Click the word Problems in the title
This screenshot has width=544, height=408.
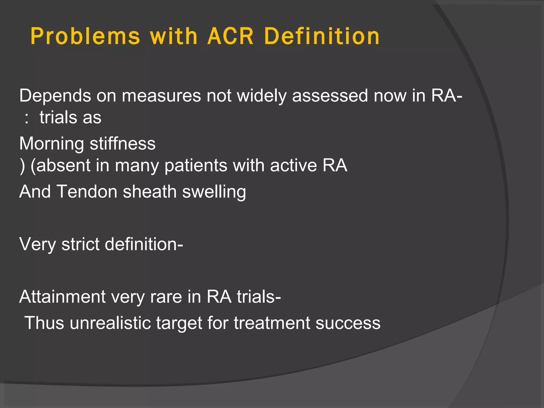pos(85,36)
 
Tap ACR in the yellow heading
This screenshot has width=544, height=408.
pos(231,36)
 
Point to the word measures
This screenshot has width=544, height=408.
pos(161,96)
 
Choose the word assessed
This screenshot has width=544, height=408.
pos(330,96)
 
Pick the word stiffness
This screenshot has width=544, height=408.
pos(122,144)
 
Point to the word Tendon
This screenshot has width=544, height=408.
pos(87,192)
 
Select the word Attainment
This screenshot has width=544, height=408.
pos(62,297)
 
